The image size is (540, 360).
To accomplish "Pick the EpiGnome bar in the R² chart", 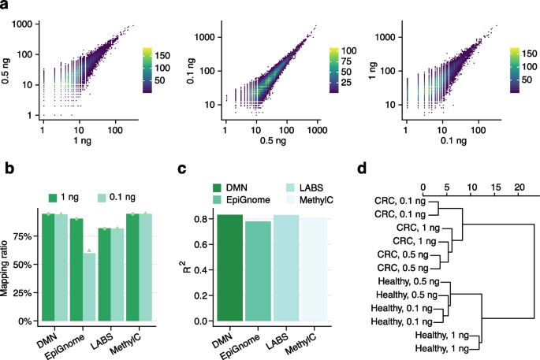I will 259,272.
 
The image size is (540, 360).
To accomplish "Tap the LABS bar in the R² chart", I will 287,268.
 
